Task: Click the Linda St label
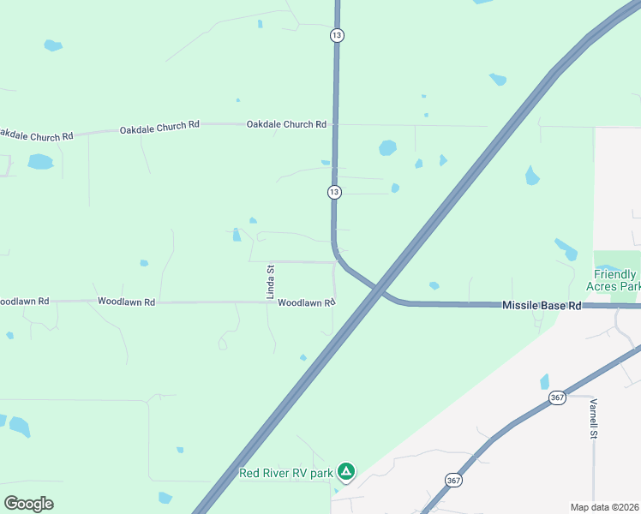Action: pyautogui.click(x=270, y=281)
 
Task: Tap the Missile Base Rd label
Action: pyautogui.click(x=542, y=305)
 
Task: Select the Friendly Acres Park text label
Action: pyautogui.click(x=614, y=280)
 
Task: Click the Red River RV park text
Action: pyautogui.click(x=285, y=473)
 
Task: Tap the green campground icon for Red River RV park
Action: pyautogui.click(x=345, y=471)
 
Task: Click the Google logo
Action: pyautogui.click(x=28, y=503)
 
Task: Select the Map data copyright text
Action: pyautogui.click(x=605, y=507)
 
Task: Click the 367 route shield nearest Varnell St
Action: pyautogui.click(x=557, y=398)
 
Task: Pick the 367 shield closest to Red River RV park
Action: pyautogui.click(x=452, y=481)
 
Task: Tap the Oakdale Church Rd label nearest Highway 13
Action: pyautogui.click(x=286, y=124)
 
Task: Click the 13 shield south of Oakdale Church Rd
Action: pyautogui.click(x=334, y=192)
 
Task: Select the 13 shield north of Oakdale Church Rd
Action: pyautogui.click(x=337, y=36)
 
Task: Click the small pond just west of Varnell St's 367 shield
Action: pyautogui.click(x=544, y=381)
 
